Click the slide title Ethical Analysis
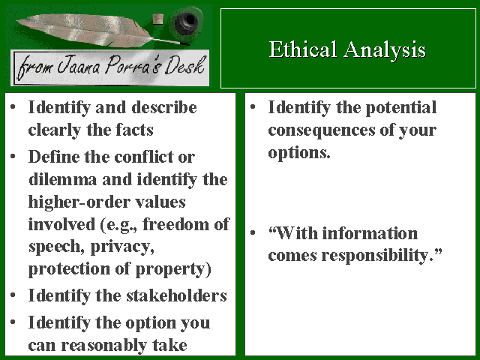(x=347, y=49)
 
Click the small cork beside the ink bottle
(x=158, y=19)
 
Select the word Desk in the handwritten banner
(x=184, y=65)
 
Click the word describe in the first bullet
(x=164, y=107)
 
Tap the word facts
(x=134, y=130)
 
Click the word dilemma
(x=63, y=179)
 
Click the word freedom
(x=176, y=224)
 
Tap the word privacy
(x=122, y=247)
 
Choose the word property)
(x=173, y=269)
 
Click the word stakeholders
(x=177, y=295)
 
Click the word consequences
(x=322, y=130)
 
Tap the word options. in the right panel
(x=299, y=153)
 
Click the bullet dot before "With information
(x=253, y=233)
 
